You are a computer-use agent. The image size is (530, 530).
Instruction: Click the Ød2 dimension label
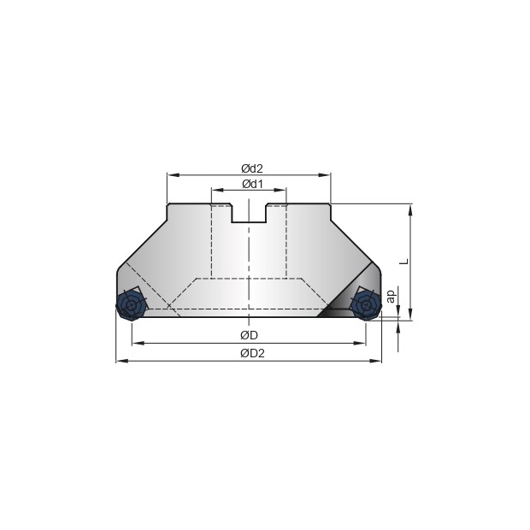252,168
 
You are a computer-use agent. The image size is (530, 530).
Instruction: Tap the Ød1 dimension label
252,184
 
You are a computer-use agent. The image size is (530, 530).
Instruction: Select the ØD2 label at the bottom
252,353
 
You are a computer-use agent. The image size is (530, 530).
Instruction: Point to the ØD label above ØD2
249,335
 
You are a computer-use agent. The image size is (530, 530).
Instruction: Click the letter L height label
404,262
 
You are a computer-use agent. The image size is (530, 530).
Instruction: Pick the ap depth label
391,297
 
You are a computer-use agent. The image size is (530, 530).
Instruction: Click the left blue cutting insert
131,305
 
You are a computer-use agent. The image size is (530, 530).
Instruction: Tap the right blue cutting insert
366,305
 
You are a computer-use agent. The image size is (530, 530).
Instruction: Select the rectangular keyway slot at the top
249,213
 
